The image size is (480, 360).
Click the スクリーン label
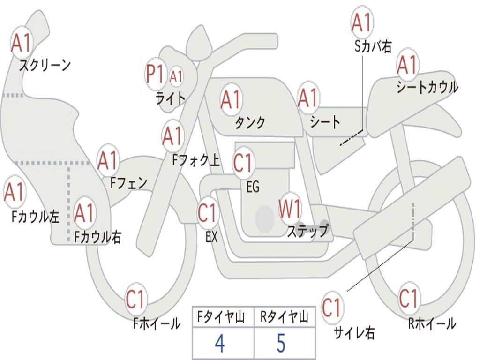point(45,65)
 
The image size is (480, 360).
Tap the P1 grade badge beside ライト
point(155,74)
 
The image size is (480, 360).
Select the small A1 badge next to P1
point(176,76)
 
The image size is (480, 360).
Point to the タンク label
point(250,122)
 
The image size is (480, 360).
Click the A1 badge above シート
point(308,98)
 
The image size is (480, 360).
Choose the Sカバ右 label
point(373,45)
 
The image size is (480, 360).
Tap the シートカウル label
point(427,87)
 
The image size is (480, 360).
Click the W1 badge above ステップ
point(290,209)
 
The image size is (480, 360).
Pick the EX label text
point(211,237)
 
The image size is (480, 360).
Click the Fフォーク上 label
point(195,161)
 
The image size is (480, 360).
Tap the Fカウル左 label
point(36,216)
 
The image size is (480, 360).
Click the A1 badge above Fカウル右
point(84,213)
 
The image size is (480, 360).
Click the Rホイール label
point(432,323)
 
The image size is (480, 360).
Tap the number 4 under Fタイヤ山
point(219,344)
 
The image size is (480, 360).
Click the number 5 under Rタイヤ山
point(281,344)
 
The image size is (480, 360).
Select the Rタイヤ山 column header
point(284,318)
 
